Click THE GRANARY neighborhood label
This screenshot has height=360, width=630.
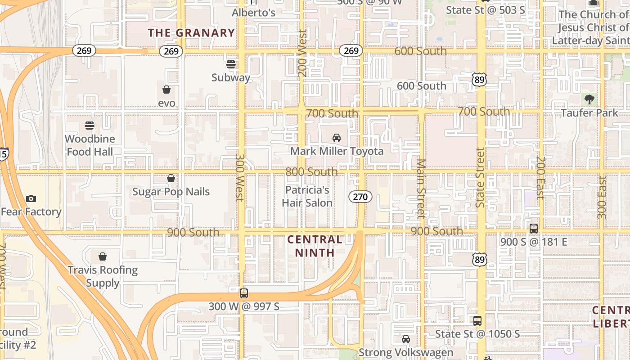[191, 33]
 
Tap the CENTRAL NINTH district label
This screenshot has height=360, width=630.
[315, 246]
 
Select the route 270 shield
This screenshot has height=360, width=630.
[360, 196]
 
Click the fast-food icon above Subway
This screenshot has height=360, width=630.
[231, 64]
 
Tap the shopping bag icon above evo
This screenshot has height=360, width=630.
[166, 90]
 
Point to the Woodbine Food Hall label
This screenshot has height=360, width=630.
[90, 145]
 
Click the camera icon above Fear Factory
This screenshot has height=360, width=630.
[31, 198]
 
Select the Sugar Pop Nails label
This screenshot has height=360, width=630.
[171, 192]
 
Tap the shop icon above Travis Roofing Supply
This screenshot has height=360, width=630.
[103, 256]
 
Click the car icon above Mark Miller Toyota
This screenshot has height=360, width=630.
[336, 138]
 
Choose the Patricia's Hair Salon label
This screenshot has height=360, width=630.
[307, 196]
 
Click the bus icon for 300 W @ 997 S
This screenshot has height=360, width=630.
[243, 293]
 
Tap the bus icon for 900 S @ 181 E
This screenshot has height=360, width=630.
[534, 228]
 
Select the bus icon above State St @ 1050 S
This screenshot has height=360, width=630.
[477, 321]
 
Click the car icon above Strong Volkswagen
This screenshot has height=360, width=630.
[406, 339]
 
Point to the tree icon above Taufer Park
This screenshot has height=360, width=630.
[589, 99]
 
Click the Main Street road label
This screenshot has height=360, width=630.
[421, 188]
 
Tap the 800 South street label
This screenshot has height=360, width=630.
[311, 172]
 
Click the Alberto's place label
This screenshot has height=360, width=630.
[253, 13]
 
